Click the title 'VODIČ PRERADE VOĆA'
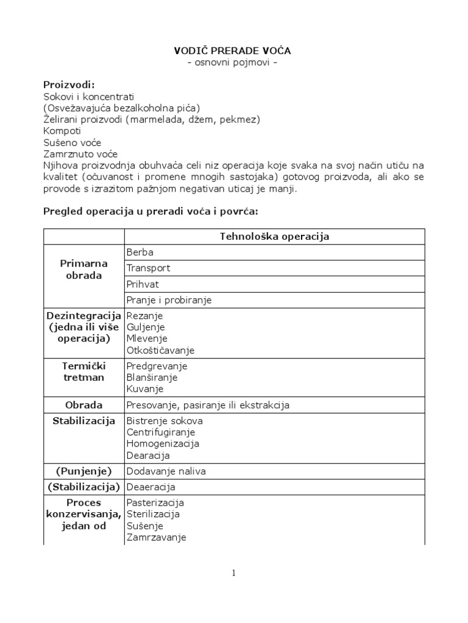point(233,51)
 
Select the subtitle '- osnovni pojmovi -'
point(233,63)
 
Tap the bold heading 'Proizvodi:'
point(69,85)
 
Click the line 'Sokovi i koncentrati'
point(88,97)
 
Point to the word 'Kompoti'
point(62,131)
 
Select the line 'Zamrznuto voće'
point(80,154)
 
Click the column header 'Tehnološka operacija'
point(274,237)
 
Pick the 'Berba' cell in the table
point(140,252)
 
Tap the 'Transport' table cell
point(148,268)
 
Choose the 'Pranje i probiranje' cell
point(169,300)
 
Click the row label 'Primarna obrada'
point(83,270)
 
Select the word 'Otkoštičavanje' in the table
point(160,350)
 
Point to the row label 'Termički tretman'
point(83,372)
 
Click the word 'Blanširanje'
point(152,378)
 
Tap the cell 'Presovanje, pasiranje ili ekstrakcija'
point(207,405)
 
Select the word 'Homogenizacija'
point(163,444)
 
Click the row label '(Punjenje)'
point(83,471)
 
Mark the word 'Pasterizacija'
point(155,503)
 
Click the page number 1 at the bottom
point(233,573)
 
